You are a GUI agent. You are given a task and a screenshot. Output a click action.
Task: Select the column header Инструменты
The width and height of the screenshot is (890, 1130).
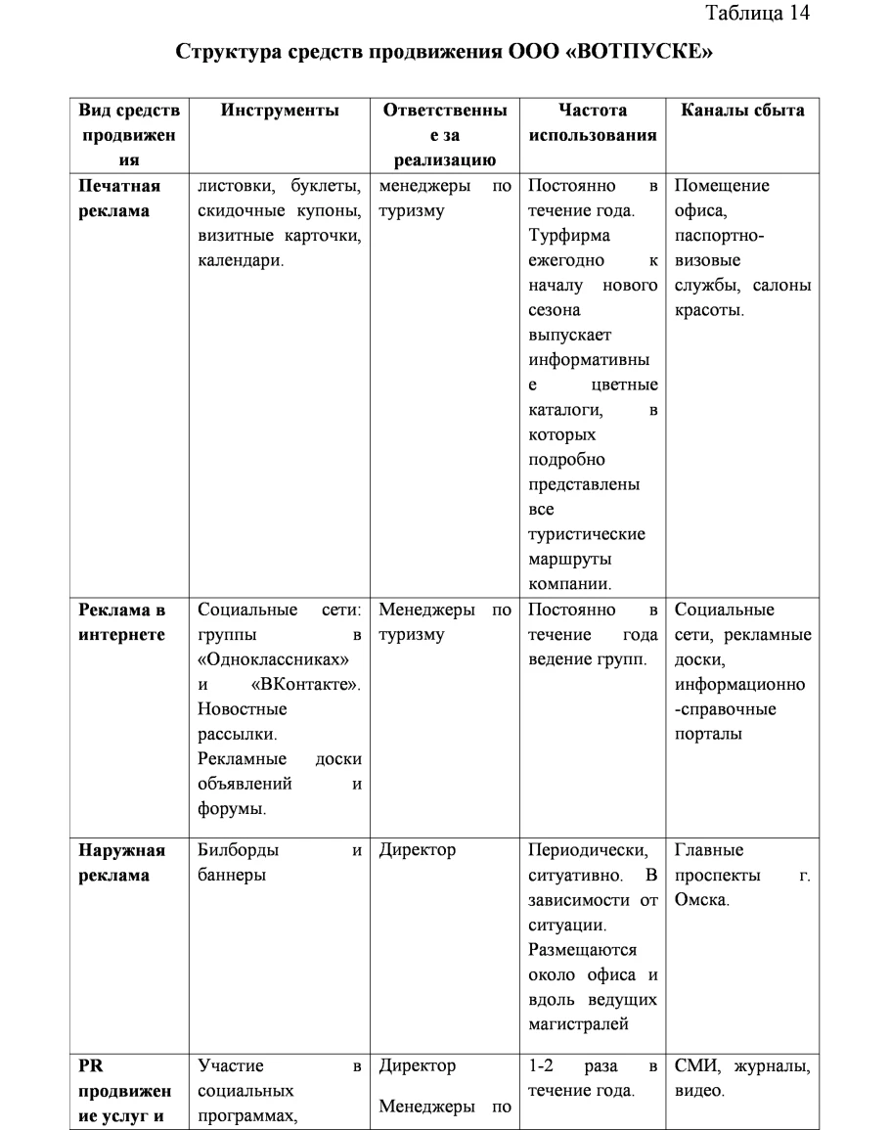pyautogui.click(x=280, y=111)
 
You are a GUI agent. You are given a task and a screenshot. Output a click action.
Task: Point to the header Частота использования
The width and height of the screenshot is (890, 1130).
pyautogui.click(x=593, y=122)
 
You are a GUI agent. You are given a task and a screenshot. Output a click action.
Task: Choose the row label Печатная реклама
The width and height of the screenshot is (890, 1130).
pyautogui.click(x=120, y=199)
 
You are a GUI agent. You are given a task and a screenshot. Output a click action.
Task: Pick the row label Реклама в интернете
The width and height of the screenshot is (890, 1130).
pyautogui.click(x=122, y=623)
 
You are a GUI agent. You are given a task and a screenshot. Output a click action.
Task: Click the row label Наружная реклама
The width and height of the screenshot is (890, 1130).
pyautogui.click(x=122, y=862)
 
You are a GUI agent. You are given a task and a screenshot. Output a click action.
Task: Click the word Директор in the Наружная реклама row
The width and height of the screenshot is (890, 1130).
pyautogui.click(x=418, y=849)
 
